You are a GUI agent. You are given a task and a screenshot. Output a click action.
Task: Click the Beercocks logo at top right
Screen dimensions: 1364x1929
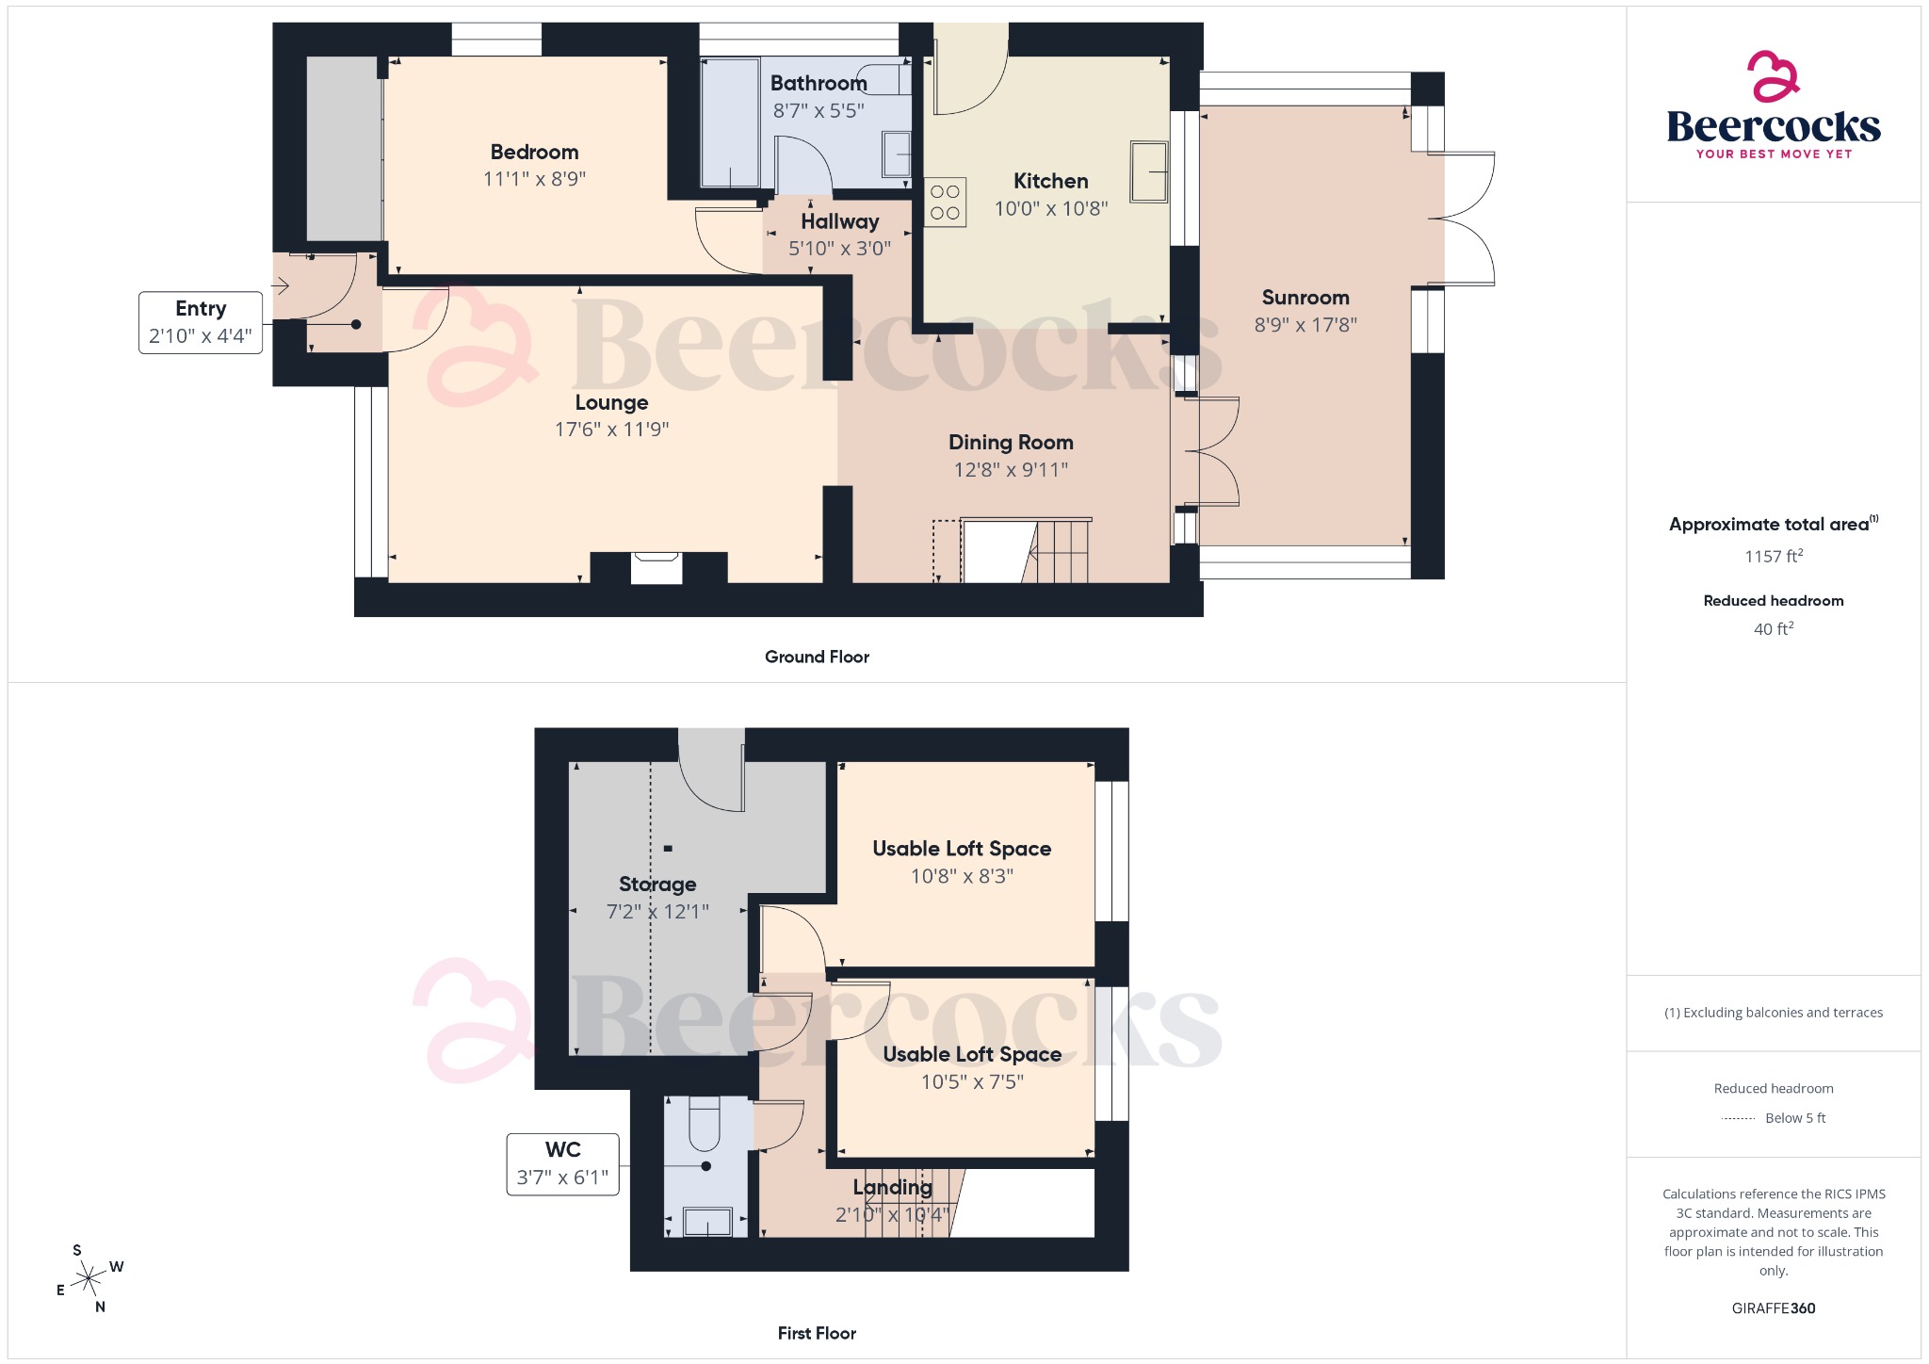pyautogui.click(x=1773, y=106)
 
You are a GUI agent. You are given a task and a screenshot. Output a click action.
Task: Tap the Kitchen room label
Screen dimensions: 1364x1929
pyautogui.click(x=1050, y=181)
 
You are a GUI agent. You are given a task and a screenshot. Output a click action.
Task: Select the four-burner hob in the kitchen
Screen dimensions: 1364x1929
pyautogui.click(x=945, y=203)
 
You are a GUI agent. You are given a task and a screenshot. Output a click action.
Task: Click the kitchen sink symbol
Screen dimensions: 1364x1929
pyautogui.click(x=1149, y=171)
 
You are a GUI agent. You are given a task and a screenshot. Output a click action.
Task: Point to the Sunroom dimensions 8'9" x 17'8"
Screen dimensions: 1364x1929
pyautogui.click(x=1305, y=325)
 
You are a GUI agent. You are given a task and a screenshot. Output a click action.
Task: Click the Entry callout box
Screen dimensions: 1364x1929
pyautogui.click(x=201, y=322)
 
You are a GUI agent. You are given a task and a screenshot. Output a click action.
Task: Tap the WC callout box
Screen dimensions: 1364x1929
pyautogui.click(x=562, y=1164)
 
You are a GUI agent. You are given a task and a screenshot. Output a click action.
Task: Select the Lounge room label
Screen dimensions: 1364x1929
pyautogui.click(x=611, y=402)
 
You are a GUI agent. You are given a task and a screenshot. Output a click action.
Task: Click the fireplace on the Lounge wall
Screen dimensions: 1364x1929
pyautogui.click(x=657, y=566)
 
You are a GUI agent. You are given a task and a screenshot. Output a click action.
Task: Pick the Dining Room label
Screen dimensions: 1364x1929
pyautogui.click(x=1011, y=442)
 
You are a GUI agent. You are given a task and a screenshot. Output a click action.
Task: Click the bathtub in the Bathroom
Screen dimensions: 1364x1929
pyautogui.click(x=731, y=122)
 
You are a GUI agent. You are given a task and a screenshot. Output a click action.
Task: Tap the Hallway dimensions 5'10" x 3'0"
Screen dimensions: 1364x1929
pyautogui.click(x=839, y=249)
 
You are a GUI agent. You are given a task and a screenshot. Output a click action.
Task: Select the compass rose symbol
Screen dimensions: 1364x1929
pyautogui.click(x=89, y=1278)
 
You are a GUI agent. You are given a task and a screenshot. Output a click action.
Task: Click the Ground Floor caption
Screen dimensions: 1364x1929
pyautogui.click(x=817, y=657)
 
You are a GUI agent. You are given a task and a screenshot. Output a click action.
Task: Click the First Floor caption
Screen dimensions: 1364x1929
pyautogui.click(x=817, y=1333)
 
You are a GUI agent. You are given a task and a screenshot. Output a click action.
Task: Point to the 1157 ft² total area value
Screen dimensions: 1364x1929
pyautogui.click(x=1773, y=557)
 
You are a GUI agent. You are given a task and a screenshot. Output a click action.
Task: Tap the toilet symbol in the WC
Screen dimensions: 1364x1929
pyautogui.click(x=705, y=1126)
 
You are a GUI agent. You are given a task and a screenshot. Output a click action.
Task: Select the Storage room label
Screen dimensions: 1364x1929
pyautogui.click(x=657, y=884)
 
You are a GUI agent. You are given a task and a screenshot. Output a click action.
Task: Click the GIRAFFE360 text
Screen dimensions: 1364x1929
pyautogui.click(x=1773, y=1308)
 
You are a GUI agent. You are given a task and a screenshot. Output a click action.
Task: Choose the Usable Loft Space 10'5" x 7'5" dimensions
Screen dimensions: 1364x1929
pyautogui.click(x=972, y=1082)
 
